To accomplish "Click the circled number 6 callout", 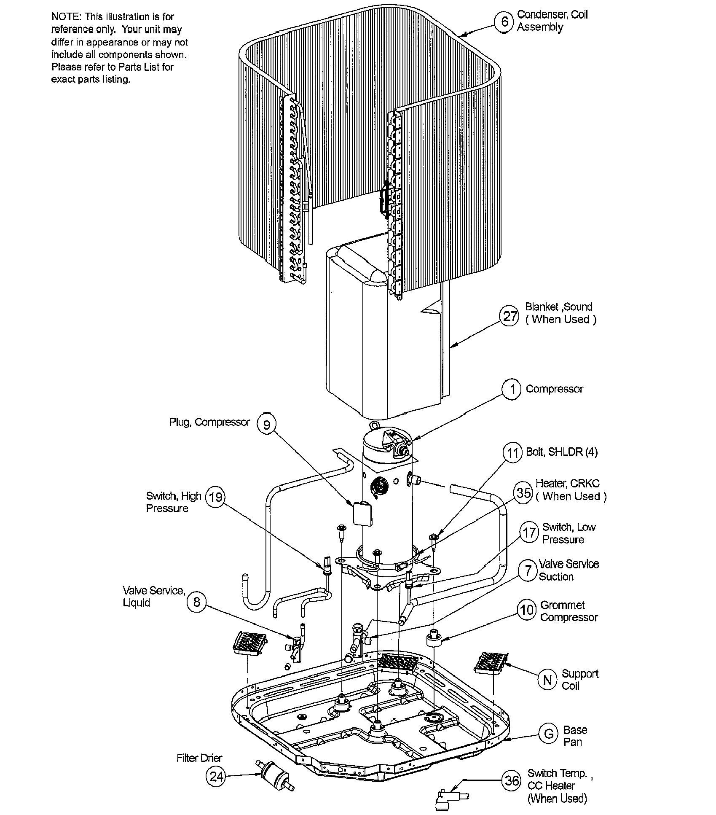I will (x=504, y=21).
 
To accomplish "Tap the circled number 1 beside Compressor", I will (x=512, y=389).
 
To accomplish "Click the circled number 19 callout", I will (x=215, y=497).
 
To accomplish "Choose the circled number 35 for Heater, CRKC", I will (x=524, y=492).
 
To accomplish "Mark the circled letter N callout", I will (x=547, y=680).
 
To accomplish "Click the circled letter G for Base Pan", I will (x=549, y=734).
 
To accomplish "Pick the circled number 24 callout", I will (x=216, y=776).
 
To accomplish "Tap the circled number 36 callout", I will (x=512, y=780).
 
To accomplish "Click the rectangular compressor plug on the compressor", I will (x=362, y=513).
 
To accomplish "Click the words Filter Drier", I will (x=199, y=758).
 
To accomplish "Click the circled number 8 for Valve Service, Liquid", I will (x=196, y=602).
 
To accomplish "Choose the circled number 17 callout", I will (x=529, y=533).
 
